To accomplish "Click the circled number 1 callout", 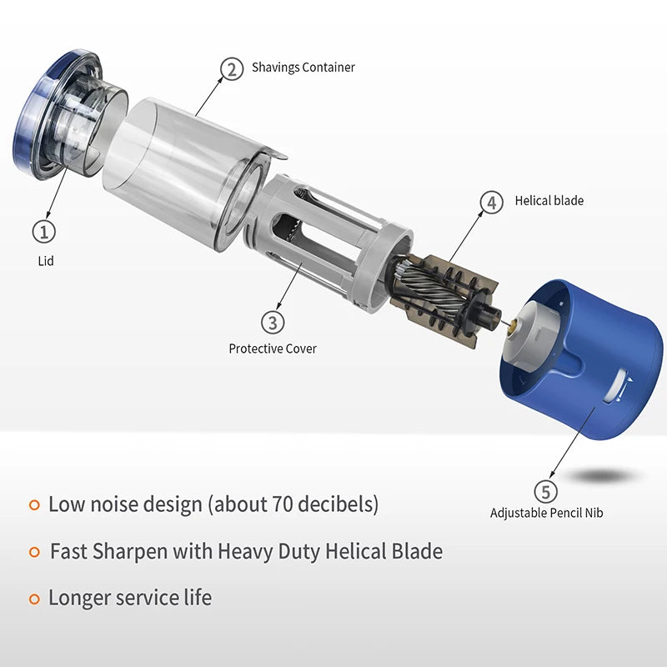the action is point(44,232).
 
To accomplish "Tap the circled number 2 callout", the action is point(232,69).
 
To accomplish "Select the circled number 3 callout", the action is point(273,323).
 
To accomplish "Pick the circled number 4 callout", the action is point(491,203).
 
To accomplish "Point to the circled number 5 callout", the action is point(546,491).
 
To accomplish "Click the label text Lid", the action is point(46,261).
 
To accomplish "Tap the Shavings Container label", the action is point(303,68).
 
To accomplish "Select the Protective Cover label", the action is point(273,349).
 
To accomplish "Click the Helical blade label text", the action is point(549,200).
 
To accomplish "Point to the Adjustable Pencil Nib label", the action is point(547,513).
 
